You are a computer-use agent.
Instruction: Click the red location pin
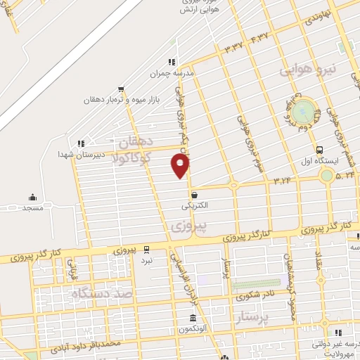tap(181, 165)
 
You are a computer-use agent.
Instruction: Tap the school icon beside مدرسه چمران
tap(172, 62)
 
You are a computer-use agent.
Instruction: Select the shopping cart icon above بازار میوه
tap(121, 89)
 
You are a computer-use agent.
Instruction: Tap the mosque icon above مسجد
tap(32, 198)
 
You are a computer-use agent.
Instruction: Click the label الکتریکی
tap(195, 206)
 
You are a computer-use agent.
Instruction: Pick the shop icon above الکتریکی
tap(194, 195)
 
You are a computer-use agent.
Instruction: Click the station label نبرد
tap(146, 260)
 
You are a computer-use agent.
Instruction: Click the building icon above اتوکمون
tap(192, 318)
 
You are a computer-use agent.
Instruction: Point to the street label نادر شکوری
tap(253, 296)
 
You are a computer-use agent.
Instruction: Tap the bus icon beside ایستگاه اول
tap(320, 150)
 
